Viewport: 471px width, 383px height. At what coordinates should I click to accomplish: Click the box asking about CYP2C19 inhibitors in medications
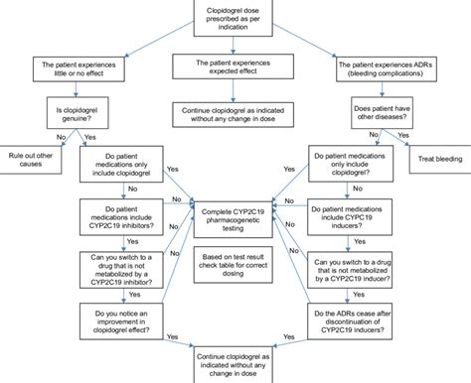coord(121,217)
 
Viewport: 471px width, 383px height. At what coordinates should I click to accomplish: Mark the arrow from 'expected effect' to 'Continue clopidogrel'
coord(235,91)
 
